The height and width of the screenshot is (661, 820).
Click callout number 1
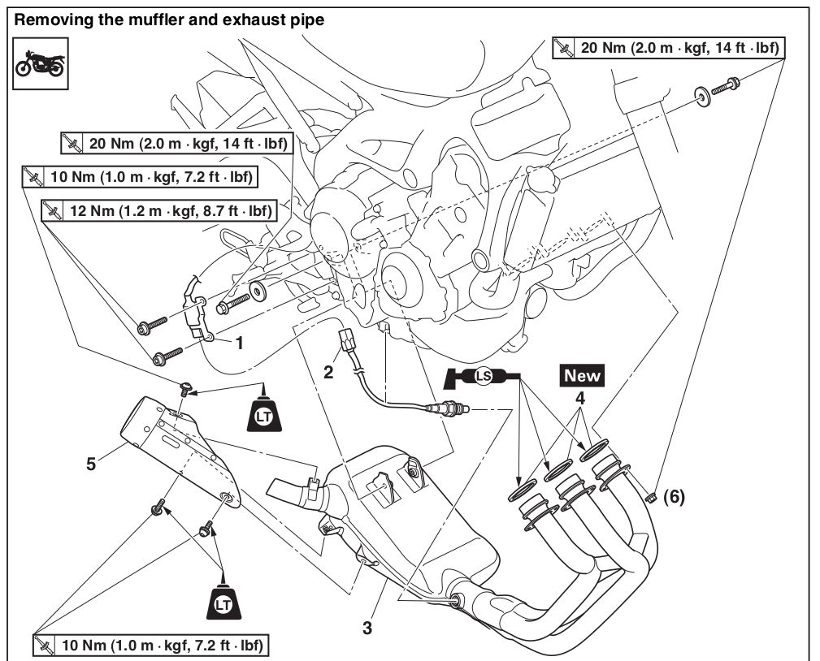click(x=239, y=343)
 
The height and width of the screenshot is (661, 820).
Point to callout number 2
click(x=328, y=373)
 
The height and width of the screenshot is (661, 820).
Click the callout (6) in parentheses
click(x=675, y=497)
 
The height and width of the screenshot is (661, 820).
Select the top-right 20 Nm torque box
click(x=666, y=48)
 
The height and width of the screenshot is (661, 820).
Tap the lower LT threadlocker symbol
click(x=221, y=600)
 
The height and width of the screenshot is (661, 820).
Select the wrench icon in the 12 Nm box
click(x=54, y=211)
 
